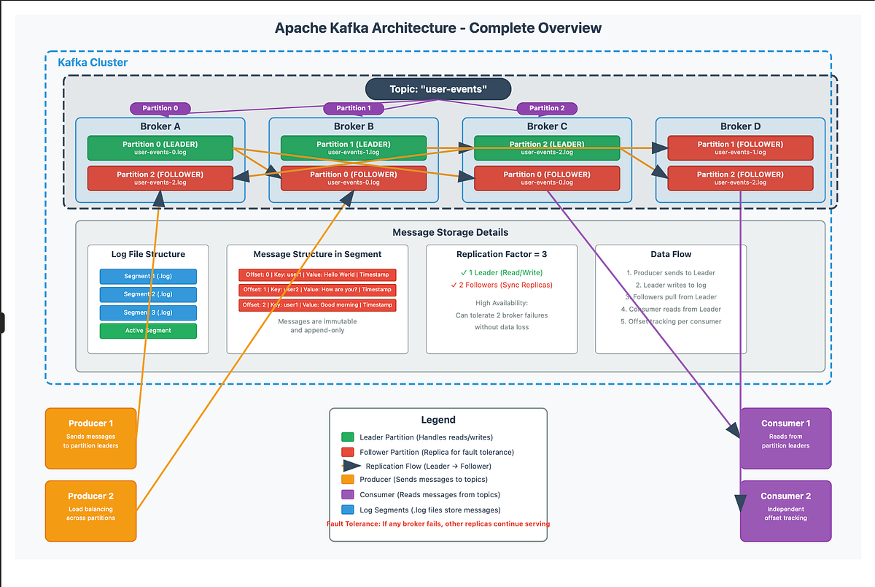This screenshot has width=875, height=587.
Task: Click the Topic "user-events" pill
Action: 437,89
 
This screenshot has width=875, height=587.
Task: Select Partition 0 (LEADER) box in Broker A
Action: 160,147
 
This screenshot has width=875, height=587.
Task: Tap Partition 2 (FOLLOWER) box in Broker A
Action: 160,178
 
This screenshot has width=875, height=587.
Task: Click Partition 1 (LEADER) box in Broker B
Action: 354,147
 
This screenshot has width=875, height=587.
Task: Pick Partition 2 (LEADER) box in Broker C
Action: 547,147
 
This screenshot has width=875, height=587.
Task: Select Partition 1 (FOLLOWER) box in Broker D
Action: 740,147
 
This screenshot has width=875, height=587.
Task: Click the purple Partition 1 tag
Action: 354,108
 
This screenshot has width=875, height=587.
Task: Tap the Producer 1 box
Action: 91,438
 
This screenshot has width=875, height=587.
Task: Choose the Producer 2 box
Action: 91,510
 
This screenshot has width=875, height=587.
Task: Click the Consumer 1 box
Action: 785,438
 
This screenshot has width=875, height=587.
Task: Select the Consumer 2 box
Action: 785,510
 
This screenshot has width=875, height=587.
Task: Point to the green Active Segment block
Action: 148,331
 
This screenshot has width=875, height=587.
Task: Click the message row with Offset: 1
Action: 317,290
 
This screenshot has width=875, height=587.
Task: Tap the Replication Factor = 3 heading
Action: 501,254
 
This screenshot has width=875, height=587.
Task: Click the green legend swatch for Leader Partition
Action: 347,437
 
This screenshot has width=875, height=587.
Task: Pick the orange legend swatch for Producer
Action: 347,480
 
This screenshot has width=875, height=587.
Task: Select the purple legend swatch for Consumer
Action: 347,495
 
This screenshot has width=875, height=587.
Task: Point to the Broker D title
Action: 740,126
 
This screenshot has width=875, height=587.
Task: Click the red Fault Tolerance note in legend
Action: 438,523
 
